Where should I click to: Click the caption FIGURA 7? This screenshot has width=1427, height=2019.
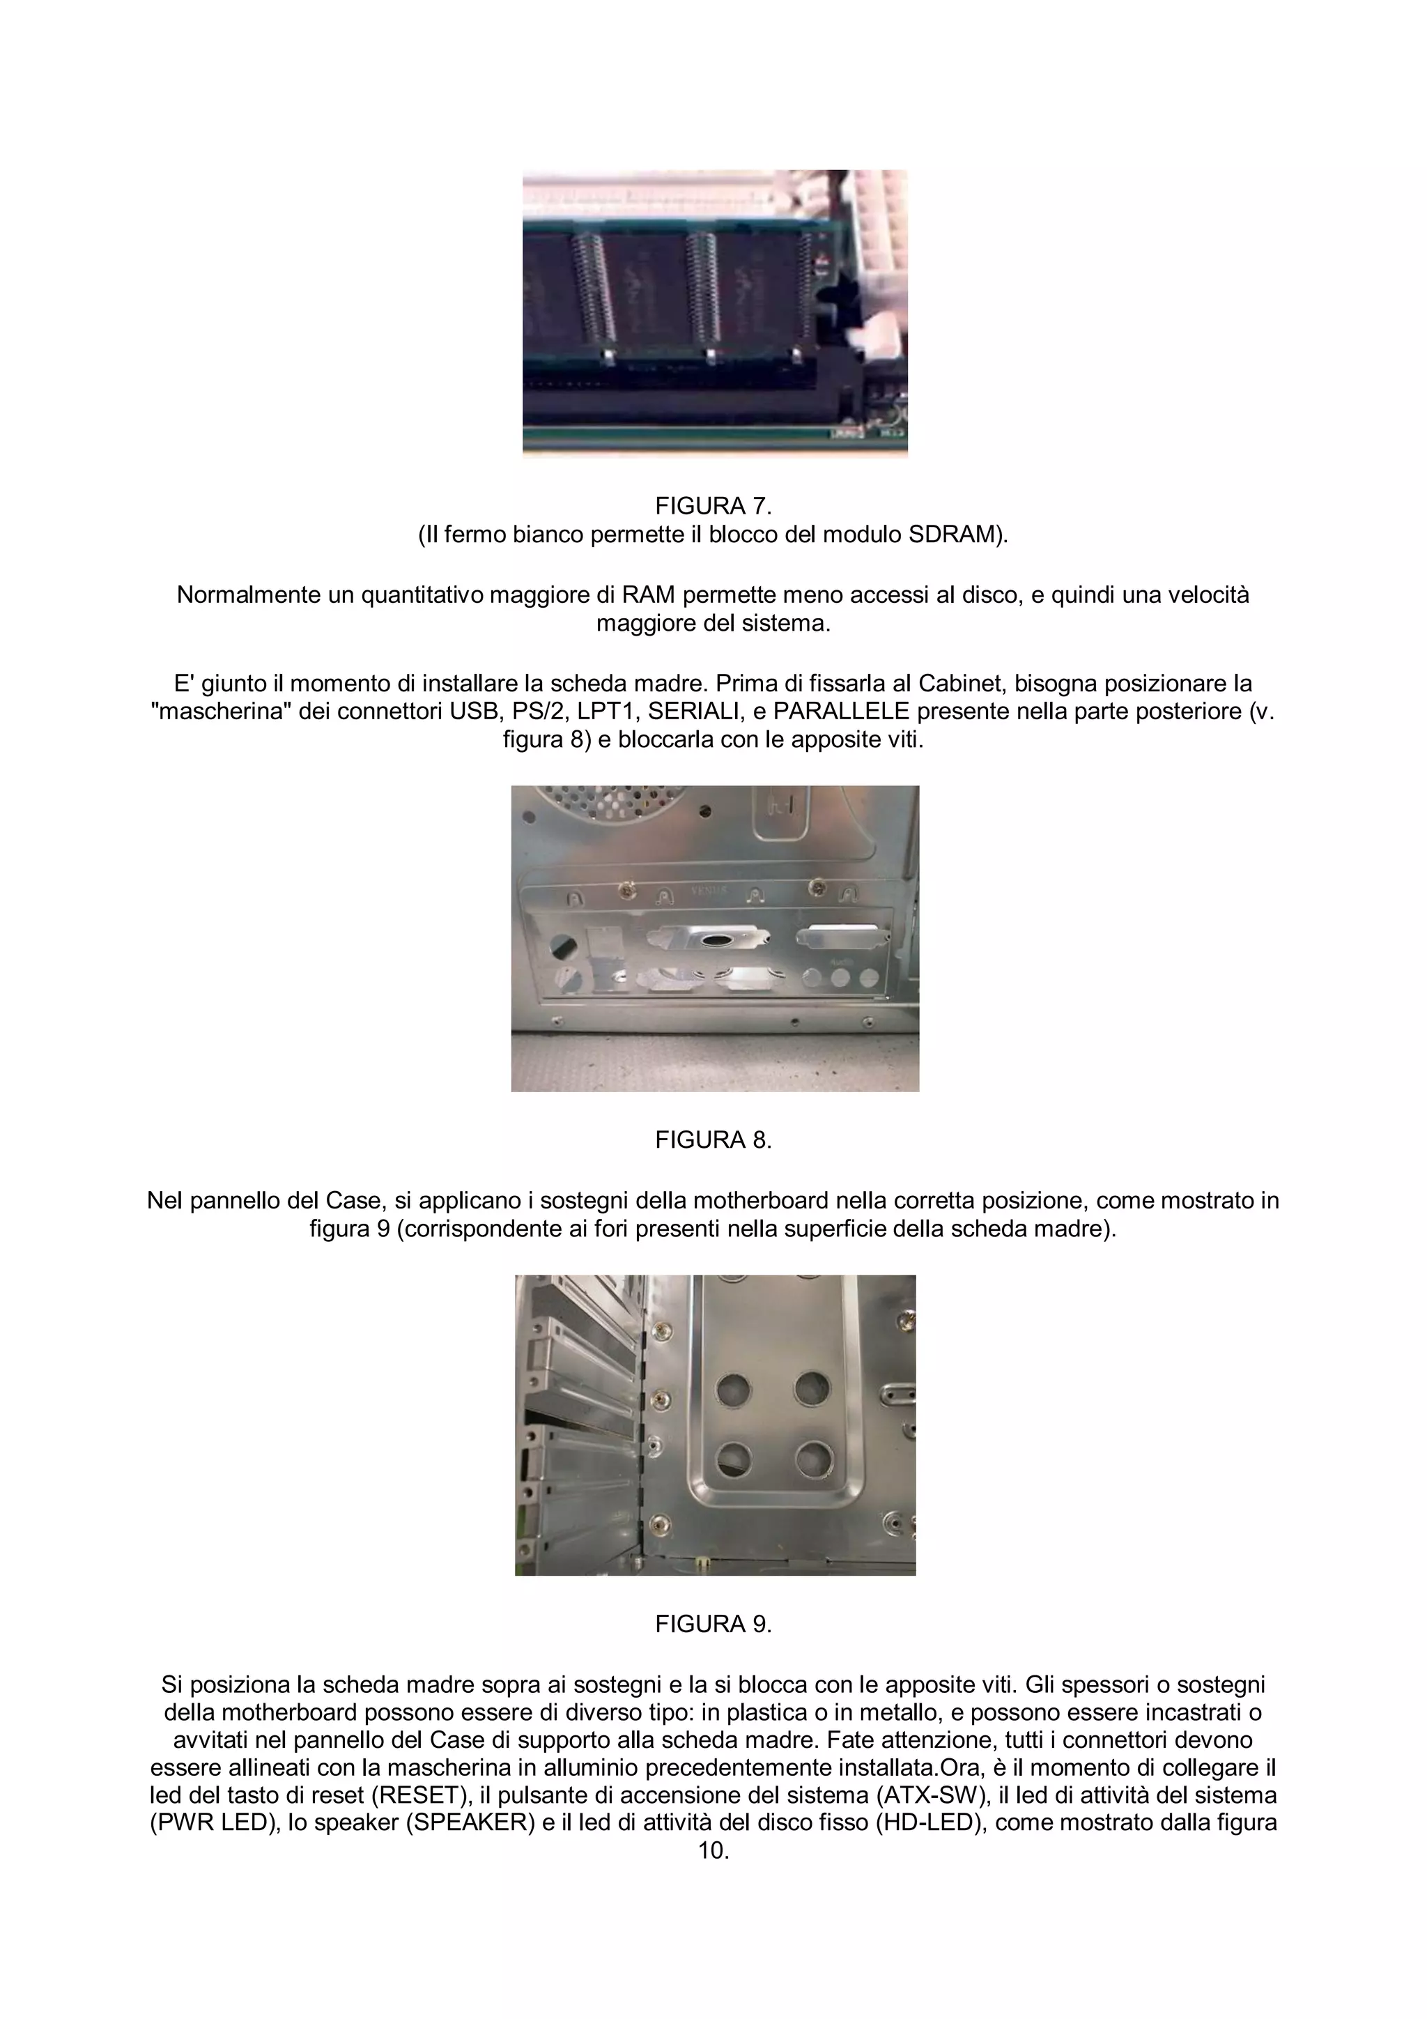pos(713,506)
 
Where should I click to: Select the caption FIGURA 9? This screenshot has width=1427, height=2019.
pos(713,1624)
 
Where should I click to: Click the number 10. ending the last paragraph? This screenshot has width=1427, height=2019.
pos(713,1850)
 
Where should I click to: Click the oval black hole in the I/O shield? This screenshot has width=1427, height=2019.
pos(714,942)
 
